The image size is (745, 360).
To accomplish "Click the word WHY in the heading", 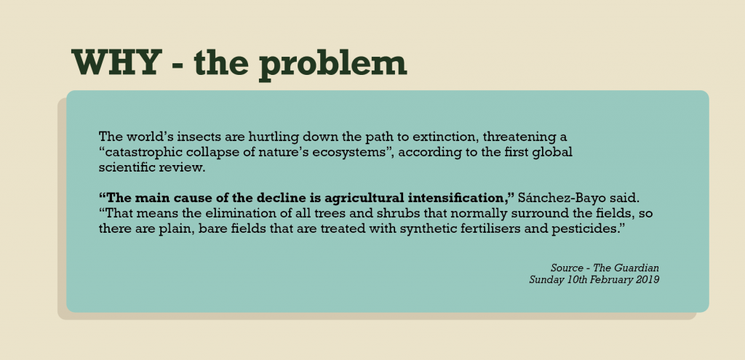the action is click(x=114, y=63).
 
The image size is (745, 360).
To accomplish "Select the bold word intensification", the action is click(x=461, y=198).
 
